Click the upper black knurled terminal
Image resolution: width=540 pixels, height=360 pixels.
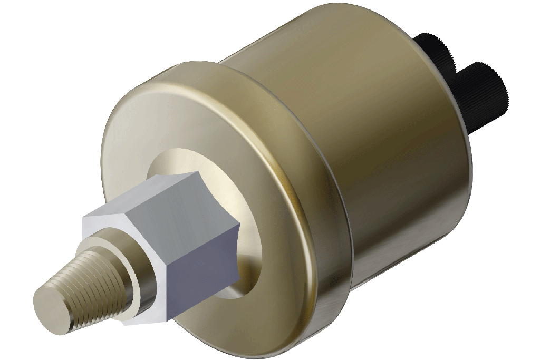432,53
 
